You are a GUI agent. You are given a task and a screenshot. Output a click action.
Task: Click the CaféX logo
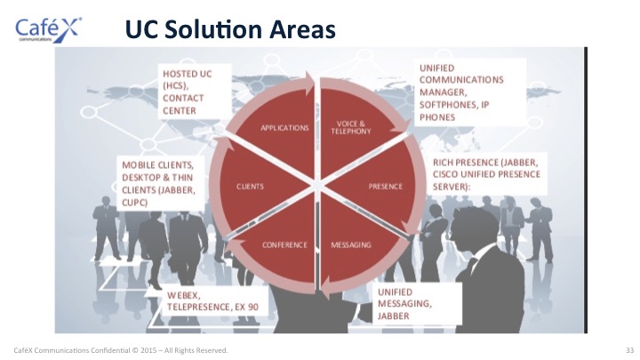point(48,30)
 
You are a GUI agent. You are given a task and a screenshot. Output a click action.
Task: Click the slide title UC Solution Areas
point(230,29)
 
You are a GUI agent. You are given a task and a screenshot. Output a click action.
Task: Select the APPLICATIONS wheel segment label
point(284,128)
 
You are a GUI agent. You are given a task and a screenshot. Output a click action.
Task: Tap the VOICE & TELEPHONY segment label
point(351,127)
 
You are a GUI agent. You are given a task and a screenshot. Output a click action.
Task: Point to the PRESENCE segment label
point(385,187)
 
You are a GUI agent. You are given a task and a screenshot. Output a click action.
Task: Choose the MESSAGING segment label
point(351,245)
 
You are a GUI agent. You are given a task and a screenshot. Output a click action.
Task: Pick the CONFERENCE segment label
point(284,245)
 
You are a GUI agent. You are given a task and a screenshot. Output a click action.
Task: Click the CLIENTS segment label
point(250,187)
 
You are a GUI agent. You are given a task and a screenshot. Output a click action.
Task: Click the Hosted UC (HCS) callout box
point(195,92)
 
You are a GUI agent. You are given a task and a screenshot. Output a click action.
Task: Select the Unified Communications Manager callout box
point(470,92)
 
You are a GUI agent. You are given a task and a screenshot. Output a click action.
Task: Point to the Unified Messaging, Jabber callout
point(417,304)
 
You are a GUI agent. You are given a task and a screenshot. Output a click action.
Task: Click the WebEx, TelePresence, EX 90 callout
point(215,300)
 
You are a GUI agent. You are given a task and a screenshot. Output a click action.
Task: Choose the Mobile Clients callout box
point(160,183)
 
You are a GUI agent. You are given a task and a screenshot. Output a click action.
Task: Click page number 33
point(629,350)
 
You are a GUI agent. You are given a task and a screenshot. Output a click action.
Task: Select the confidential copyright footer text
point(121,350)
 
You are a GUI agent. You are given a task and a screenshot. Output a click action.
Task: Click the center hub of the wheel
point(317,186)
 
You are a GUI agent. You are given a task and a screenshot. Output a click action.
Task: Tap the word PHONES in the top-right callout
point(437,117)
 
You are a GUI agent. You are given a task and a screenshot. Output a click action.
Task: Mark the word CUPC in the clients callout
point(134,203)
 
